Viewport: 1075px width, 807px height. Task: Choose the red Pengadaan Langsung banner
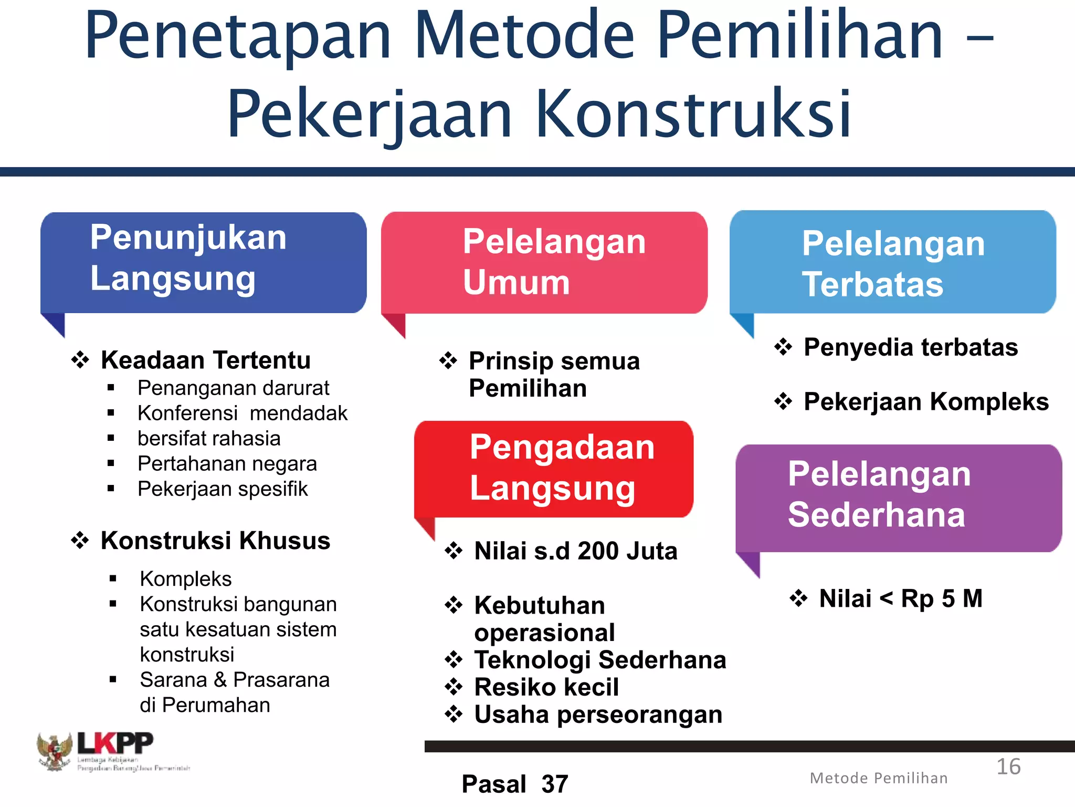pyautogui.click(x=554, y=469)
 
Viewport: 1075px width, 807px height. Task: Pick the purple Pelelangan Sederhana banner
pyautogui.click(x=899, y=498)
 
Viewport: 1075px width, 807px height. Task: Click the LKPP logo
pyautogui.click(x=113, y=751)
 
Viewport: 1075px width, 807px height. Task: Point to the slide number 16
pyautogui.click(x=1008, y=767)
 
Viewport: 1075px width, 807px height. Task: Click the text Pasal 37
pyautogui.click(x=515, y=784)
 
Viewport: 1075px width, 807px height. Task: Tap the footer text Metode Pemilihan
pyautogui.click(x=879, y=778)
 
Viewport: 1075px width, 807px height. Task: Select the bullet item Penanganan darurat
pyautogui.click(x=233, y=388)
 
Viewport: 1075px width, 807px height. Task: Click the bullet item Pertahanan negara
pyautogui.click(x=227, y=464)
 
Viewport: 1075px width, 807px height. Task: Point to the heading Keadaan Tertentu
pyautogui.click(x=206, y=360)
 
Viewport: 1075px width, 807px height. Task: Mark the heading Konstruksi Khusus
pyautogui.click(x=215, y=541)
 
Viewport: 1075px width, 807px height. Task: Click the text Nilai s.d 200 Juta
pyautogui.click(x=576, y=551)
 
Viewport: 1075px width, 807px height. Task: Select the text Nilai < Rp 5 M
pyautogui.click(x=901, y=598)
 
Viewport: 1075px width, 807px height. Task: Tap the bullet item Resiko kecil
pyautogui.click(x=546, y=687)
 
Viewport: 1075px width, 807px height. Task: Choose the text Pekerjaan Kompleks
pyautogui.click(x=926, y=402)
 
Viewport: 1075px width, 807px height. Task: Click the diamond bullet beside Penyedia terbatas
pyautogui.click(x=783, y=347)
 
